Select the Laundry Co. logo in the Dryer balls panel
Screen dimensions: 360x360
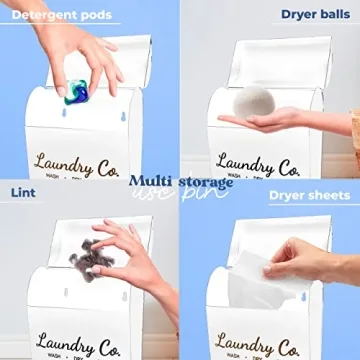point(257,165)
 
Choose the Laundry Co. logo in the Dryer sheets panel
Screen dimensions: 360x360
point(257,346)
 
